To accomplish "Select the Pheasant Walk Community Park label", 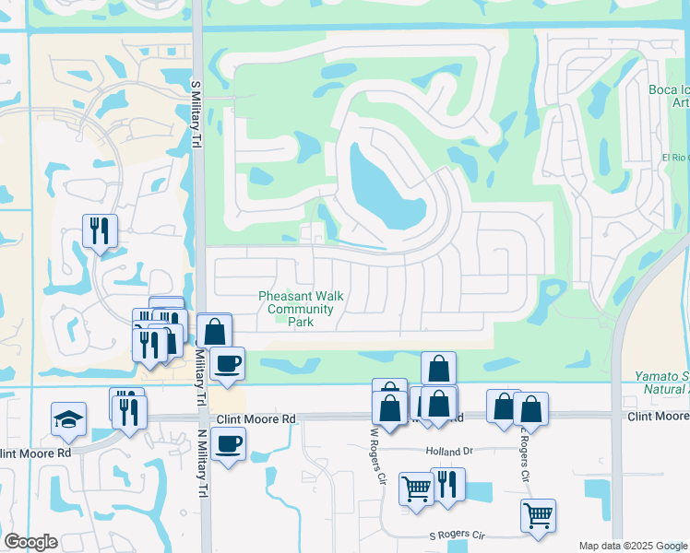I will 301,309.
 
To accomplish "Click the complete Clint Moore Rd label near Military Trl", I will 256,419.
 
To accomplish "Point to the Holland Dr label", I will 448,452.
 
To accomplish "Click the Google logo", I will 30,541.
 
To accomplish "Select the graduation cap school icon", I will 68,419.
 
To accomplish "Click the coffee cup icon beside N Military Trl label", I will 227,363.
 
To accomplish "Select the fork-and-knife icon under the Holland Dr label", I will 447,485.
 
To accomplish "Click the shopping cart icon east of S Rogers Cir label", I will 538,516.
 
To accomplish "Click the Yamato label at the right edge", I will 661,377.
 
